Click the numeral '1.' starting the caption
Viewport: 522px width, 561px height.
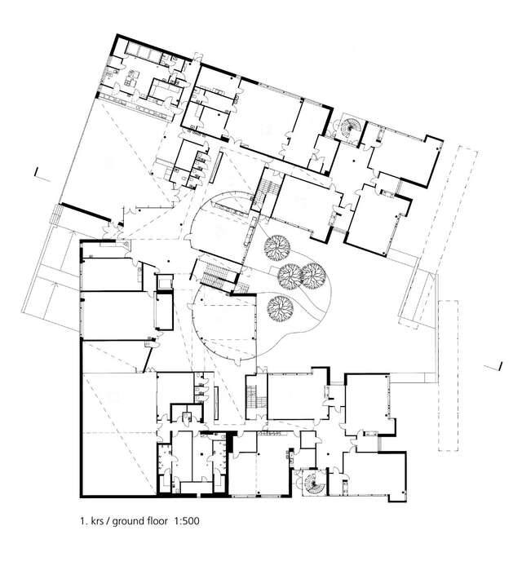point(82,519)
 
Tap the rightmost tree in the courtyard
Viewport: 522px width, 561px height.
point(312,276)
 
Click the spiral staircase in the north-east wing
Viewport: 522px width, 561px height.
point(349,129)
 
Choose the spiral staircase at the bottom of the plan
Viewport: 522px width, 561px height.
point(312,482)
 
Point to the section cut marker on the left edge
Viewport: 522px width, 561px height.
point(38,172)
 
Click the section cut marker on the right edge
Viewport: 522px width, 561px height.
point(497,364)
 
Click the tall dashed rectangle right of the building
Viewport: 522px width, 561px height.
point(449,375)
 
